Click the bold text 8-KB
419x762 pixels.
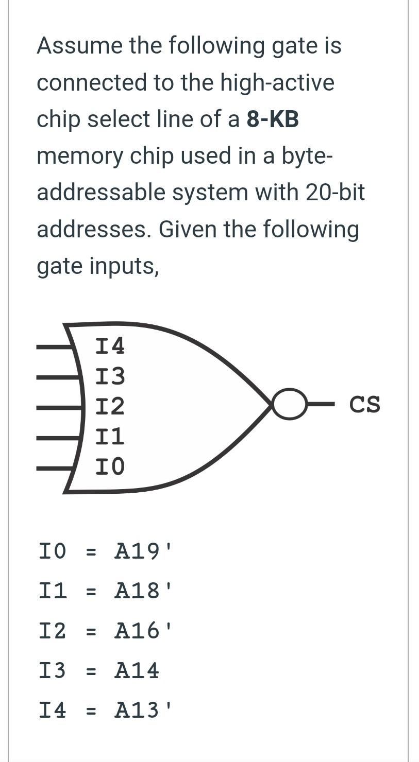pos(273,119)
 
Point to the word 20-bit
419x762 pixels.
pos(335,193)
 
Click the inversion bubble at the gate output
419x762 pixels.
pos(289,404)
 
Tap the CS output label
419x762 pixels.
pos(365,405)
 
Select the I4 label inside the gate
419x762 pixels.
pos(110,346)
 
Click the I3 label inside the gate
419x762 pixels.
pos(110,376)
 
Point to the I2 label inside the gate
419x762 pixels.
pos(110,407)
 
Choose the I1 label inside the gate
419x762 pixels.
pos(110,437)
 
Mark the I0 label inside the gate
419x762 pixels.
pos(110,466)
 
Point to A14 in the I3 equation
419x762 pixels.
pos(137,670)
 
